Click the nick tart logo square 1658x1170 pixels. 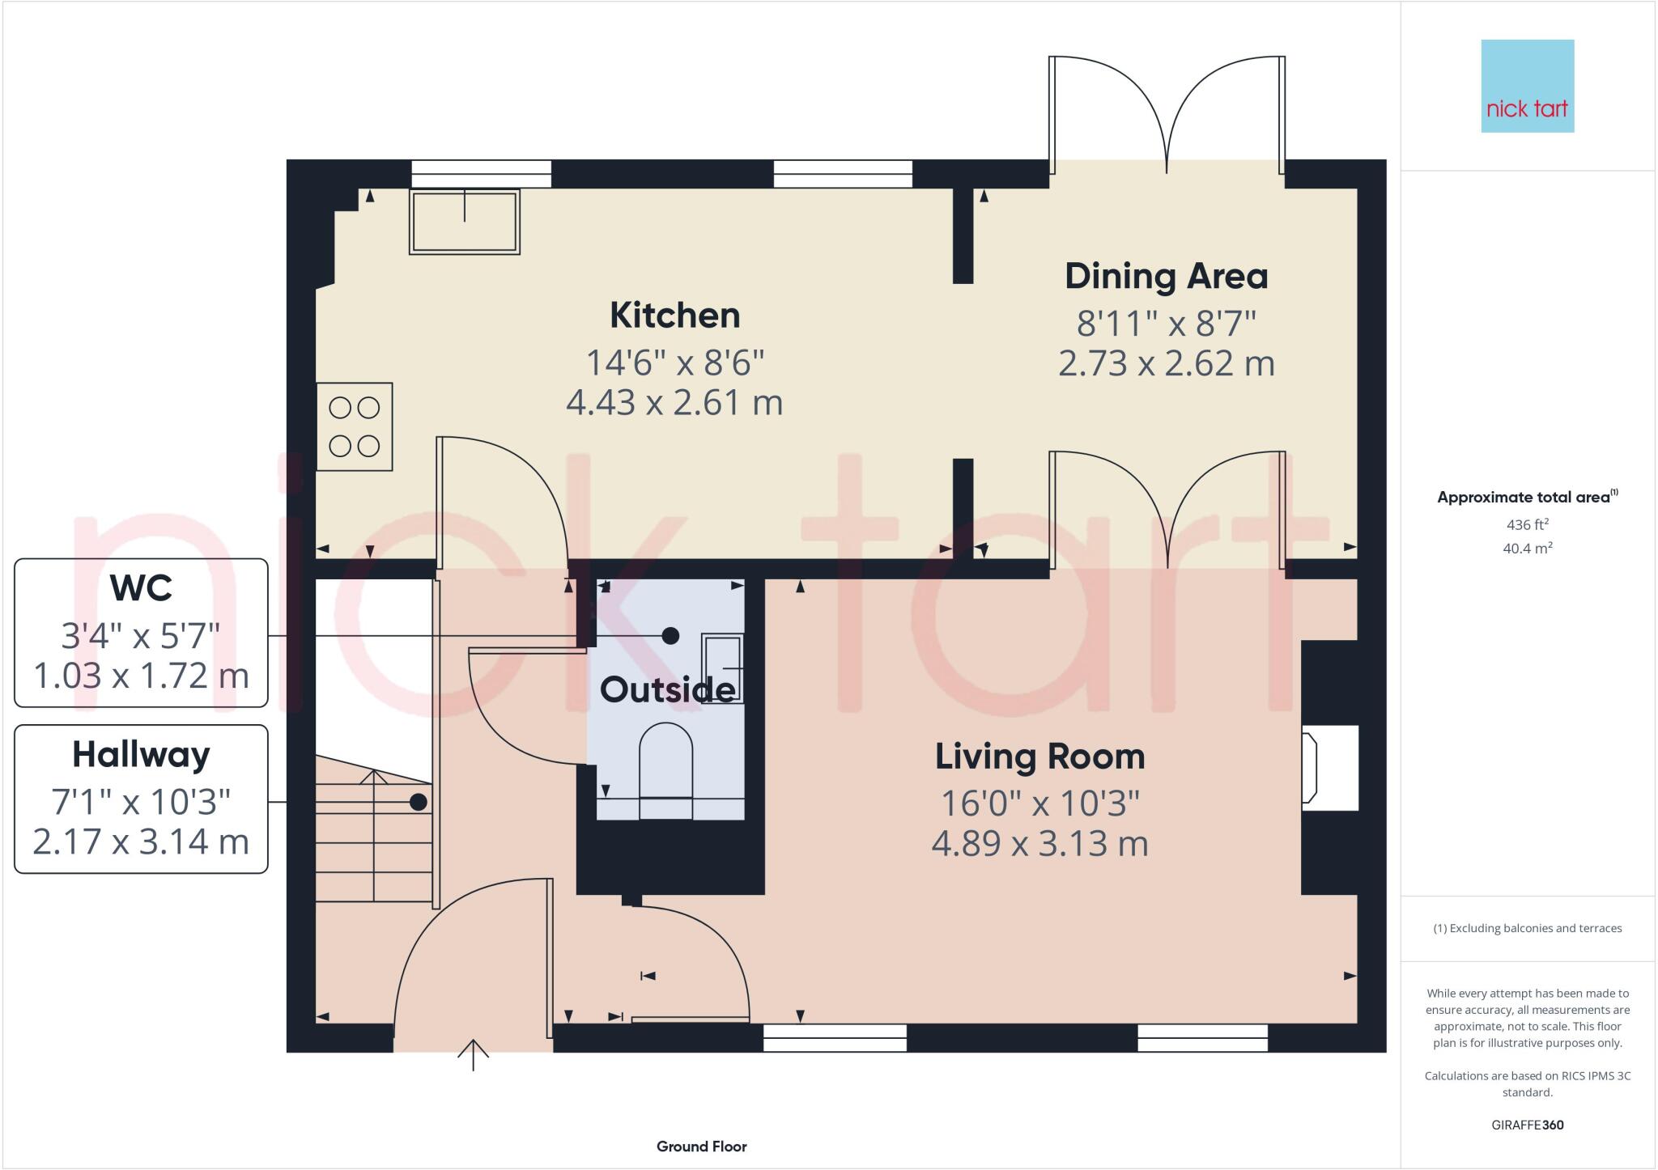point(1527,86)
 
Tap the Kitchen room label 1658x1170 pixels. point(674,316)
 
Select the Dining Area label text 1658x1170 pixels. point(1166,277)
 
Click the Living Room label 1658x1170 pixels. point(1039,757)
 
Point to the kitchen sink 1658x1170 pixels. point(464,221)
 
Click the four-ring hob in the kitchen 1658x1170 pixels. point(355,426)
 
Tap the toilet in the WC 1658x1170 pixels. point(665,769)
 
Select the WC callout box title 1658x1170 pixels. point(141,588)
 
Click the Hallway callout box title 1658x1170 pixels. point(141,755)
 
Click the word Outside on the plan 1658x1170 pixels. point(667,690)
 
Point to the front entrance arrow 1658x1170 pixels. point(473,1054)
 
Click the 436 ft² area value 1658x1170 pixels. point(1527,524)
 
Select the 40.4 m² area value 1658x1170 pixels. point(1527,549)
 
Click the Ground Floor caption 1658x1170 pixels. point(701,1147)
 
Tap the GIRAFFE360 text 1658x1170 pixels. point(1527,1125)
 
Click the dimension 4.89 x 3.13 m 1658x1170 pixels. point(1039,844)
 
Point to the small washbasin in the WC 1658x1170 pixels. point(722,668)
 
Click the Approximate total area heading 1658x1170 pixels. point(1526,498)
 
